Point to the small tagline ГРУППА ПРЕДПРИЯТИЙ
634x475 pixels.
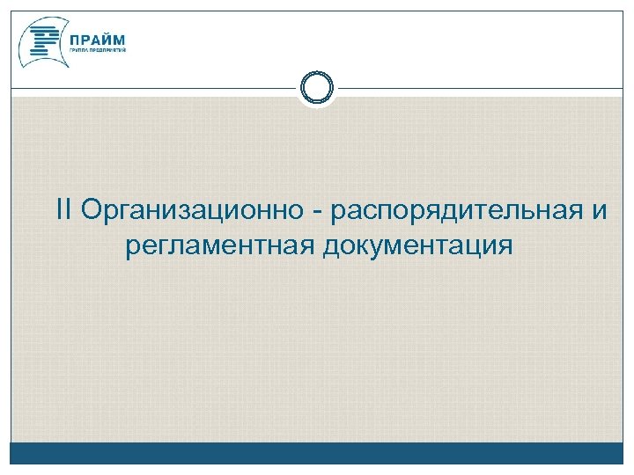(96, 51)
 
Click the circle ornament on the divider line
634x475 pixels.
(317, 88)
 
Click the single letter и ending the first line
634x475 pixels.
(599, 212)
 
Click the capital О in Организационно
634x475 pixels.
(90, 210)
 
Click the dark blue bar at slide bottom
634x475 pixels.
(317, 454)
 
